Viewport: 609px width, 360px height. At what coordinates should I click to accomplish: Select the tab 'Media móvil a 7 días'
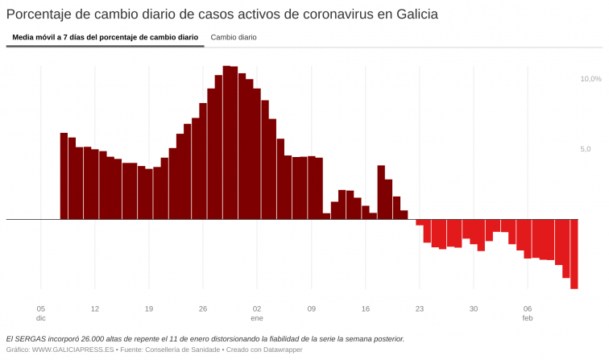pyautogui.click(x=105, y=37)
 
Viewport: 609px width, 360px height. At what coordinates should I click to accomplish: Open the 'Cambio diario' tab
pyautogui.click(x=234, y=37)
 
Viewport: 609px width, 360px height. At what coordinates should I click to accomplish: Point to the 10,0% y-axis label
pyautogui.click(x=590, y=79)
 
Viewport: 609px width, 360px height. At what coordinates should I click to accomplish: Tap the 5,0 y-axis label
pyautogui.click(x=585, y=149)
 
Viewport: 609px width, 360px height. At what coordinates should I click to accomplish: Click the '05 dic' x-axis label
pyautogui.click(x=41, y=313)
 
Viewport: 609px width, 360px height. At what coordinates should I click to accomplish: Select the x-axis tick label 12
pyautogui.click(x=95, y=308)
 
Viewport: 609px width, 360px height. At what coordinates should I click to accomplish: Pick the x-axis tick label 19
pyautogui.click(x=149, y=308)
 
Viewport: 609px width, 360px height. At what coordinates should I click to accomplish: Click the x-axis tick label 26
pyautogui.click(x=203, y=308)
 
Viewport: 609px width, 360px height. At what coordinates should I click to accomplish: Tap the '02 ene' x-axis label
pyautogui.click(x=257, y=313)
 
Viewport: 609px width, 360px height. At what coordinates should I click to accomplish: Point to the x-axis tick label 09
pyautogui.click(x=311, y=308)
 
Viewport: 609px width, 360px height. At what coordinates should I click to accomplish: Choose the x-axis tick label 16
pyautogui.click(x=365, y=308)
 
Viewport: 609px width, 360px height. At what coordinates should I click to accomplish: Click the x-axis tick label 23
pyautogui.click(x=420, y=308)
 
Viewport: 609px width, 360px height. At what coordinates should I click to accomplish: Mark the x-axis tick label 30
pyautogui.click(x=474, y=308)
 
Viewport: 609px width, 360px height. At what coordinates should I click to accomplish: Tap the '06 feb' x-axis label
pyautogui.click(x=528, y=313)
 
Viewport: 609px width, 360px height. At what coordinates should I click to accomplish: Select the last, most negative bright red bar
pyautogui.click(x=574, y=254)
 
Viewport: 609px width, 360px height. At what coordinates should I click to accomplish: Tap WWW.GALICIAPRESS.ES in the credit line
pyautogui.click(x=71, y=350)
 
